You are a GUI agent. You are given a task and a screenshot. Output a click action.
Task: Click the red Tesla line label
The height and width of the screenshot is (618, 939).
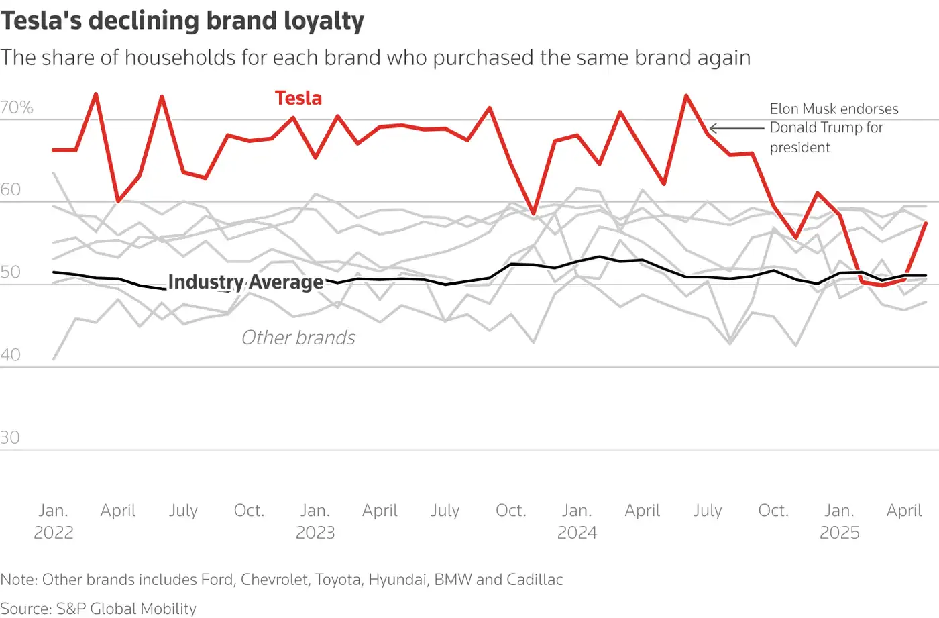point(298,98)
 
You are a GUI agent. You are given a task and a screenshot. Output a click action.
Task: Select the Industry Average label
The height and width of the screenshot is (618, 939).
point(245,282)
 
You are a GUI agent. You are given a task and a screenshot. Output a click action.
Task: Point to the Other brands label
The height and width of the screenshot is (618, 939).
point(298,338)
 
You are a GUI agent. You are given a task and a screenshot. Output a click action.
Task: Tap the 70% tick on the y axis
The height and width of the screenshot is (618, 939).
point(17,107)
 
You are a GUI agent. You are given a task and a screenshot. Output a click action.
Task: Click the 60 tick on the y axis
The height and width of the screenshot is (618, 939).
point(11,190)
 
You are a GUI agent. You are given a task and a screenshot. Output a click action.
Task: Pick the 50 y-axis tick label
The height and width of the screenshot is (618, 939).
point(11,272)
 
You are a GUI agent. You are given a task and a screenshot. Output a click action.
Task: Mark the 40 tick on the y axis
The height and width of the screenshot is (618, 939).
point(11,355)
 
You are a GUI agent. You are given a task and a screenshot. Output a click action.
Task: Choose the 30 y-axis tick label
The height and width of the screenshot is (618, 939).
point(11,437)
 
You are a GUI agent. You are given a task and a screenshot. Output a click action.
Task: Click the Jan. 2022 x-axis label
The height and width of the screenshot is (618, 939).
point(54,521)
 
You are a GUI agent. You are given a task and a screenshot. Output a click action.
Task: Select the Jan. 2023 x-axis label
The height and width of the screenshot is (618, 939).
point(315,521)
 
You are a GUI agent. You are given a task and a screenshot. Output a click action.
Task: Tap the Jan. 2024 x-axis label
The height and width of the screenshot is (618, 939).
point(577,521)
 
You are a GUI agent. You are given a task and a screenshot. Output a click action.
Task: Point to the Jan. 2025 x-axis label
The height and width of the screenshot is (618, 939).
point(839,521)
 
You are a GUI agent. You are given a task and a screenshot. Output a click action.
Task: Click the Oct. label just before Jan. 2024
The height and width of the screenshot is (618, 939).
point(511,511)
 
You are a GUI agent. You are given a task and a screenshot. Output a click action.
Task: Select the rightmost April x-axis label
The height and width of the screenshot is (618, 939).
point(904,511)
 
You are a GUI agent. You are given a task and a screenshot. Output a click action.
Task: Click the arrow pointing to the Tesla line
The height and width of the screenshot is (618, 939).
point(736,128)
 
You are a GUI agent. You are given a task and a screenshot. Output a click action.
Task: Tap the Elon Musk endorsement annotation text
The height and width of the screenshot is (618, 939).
point(834,127)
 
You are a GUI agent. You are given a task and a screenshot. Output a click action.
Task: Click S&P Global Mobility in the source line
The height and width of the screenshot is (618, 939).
point(126,609)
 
